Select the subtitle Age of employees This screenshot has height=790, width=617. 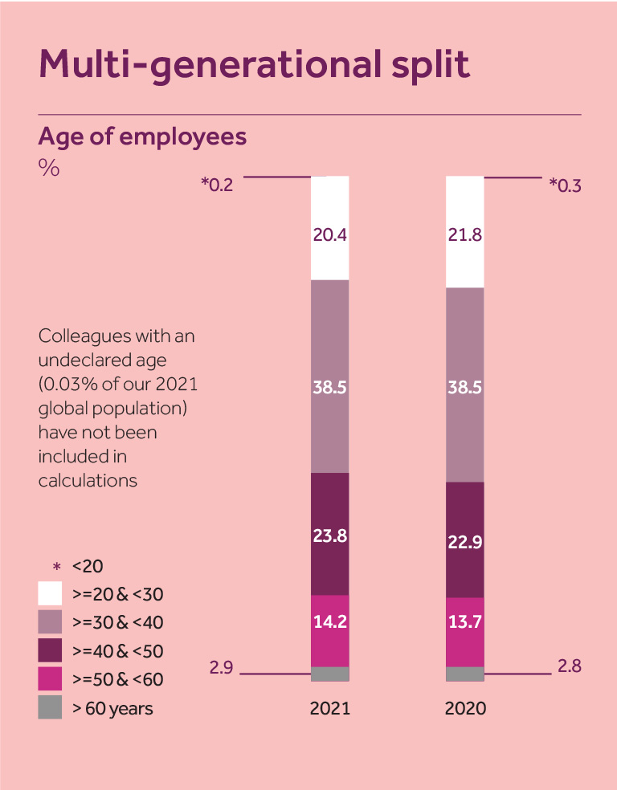[142, 136]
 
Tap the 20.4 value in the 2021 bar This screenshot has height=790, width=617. [329, 235]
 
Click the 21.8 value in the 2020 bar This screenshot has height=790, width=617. [465, 235]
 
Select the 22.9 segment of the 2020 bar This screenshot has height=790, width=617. [465, 541]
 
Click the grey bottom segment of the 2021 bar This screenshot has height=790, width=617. [329, 674]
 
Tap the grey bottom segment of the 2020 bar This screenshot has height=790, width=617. [465, 674]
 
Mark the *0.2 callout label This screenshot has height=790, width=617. [217, 185]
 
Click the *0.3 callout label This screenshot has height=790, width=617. [565, 185]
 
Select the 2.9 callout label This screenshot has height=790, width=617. [221, 667]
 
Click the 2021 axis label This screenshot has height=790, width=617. [330, 710]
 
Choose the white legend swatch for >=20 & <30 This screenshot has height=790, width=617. [50, 593]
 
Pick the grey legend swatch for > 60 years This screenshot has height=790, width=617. [50, 707]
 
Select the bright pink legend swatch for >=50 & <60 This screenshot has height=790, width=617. [50, 678]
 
